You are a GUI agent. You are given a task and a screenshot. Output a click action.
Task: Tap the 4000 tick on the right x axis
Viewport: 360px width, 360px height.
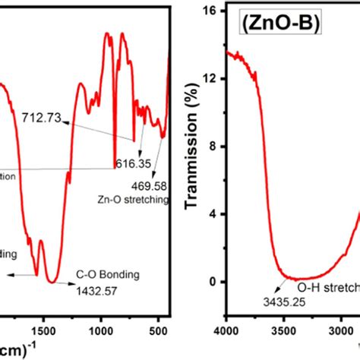[226, 330]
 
